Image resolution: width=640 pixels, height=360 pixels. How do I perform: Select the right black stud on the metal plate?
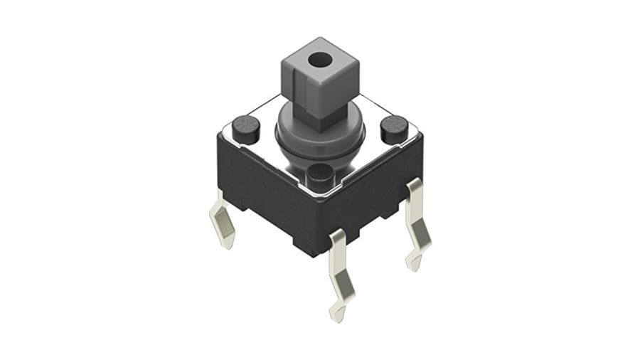coord(394,127)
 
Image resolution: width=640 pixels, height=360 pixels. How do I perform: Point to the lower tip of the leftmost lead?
coord(228,245)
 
